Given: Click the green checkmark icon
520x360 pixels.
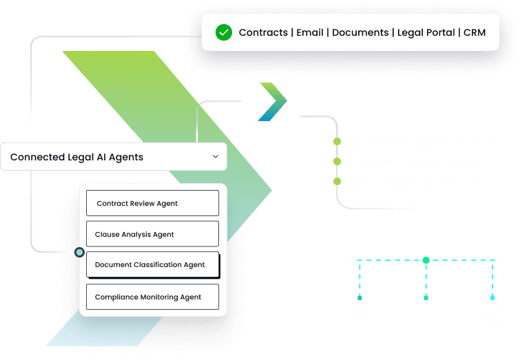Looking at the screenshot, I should pos(223,32).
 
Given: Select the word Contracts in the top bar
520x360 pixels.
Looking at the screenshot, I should pos(264,32).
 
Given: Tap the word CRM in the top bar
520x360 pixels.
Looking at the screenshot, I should pos(475,32).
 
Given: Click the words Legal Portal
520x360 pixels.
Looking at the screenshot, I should pos(427,32).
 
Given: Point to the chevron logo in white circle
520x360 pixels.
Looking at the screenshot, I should pos(272,101).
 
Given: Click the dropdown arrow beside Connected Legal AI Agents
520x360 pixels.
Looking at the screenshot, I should pos(216,157).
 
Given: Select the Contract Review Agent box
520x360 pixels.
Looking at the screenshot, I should pos(152,203).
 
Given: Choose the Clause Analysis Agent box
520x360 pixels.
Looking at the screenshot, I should pos(152,234).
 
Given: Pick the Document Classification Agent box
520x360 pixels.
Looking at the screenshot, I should pos(152,264).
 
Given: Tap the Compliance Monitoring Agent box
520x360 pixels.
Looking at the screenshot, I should pos(152,297).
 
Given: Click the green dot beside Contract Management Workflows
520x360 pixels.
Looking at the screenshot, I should pos(337,142).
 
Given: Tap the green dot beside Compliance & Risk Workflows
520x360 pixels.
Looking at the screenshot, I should pos(337,182).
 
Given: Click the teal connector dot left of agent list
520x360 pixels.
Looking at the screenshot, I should pos(79,253).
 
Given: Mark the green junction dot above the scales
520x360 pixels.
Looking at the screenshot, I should pos(426,260).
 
